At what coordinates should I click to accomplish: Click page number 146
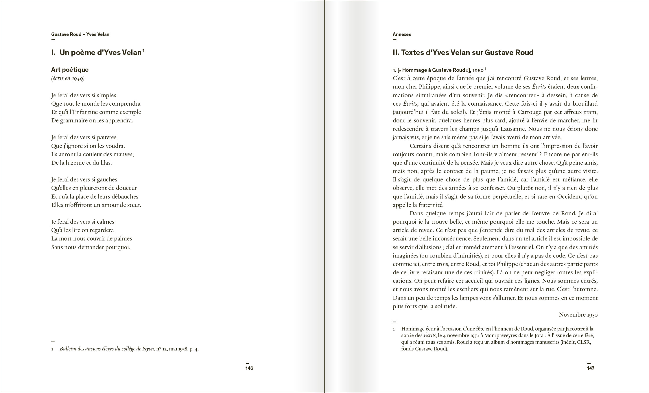click(x=249, y=368)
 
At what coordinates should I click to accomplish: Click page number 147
click(x=590, y=368)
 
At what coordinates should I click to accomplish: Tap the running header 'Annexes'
click(x=402, y=34)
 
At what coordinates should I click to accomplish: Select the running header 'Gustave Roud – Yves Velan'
click(x=80, y=34)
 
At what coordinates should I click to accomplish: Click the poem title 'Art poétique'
click(x=70, y=69)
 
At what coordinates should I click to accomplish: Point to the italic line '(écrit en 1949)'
click(x=68, y=78)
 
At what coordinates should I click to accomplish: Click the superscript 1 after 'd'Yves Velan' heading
click(x=143, y=50)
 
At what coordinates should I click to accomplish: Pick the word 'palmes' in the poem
click(x=123, y=239)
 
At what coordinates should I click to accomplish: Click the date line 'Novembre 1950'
click(x=578, y=315)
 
